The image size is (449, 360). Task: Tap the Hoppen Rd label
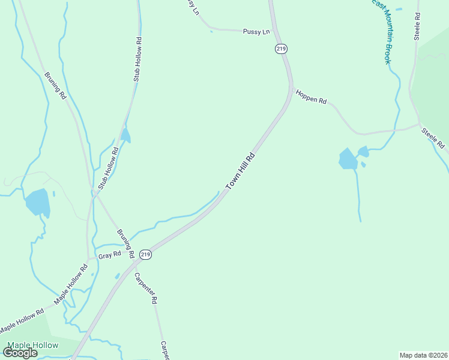(x=310, y=97)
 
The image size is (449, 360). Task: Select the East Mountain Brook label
(x=381, y=31)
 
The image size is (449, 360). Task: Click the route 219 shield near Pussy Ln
(x=280, y=48)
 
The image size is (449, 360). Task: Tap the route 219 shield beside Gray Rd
(x=145, y=254)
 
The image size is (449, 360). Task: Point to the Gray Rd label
(x=110, y=254)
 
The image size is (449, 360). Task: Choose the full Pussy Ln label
(x=256, y=31)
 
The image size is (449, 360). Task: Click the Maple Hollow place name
(x=33, y=345)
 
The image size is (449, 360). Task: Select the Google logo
(x=20, y=353)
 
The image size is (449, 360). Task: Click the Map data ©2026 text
(x=423, y=355)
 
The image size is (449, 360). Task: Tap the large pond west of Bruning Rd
(x=38, y=202)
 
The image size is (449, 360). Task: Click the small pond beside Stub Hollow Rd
(x=125, y=136)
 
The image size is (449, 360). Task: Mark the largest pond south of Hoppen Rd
(x=348, y=159)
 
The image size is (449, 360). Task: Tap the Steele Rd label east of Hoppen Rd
(x=432, y=138)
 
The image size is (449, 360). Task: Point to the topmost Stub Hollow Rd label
(x=137, y=59)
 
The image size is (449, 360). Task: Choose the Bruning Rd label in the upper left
(x=54, y=85)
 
